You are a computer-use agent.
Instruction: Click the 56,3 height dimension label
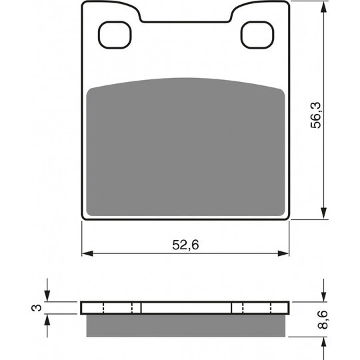point(316,115)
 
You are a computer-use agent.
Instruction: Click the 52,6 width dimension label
point(185,245)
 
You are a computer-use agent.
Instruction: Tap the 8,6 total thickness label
point(323,319)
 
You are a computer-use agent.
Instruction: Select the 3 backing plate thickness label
point(37,307)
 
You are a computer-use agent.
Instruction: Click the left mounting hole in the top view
point(115,35)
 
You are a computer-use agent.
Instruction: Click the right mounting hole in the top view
point(257,35)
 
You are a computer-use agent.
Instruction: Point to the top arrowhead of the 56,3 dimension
point(323,7)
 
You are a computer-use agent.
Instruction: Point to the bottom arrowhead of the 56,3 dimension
point(323,213)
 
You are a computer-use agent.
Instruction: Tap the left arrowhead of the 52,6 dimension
point(87,253)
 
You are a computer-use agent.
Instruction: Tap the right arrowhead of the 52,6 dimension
point(283,253)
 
